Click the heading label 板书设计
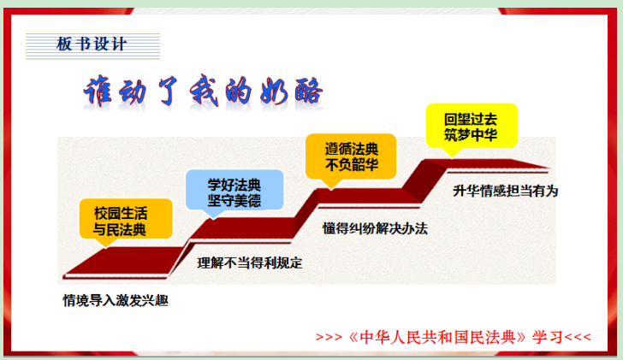[x=92, y=44]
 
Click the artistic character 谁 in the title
[x=98, y=91]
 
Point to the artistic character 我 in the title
[x=205, y=91]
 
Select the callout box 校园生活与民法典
[x=126, y=219]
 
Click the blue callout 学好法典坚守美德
[x=234, y=191]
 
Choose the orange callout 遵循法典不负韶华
[x=351, y=156]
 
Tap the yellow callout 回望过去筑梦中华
[x=472, y=127]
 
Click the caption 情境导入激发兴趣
[x=116, y=300]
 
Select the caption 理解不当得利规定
[x=250, y=263]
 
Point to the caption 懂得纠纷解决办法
[x=375, y=228]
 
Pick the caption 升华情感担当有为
[x=506, y=191]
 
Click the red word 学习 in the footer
[x=548, y=337]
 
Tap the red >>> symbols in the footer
[x=329, y=338]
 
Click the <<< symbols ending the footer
[x=578, y=338]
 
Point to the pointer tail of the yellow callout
[x=452, y=152]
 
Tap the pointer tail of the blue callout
[x=213, y=214]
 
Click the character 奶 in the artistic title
[x=274, y=91]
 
